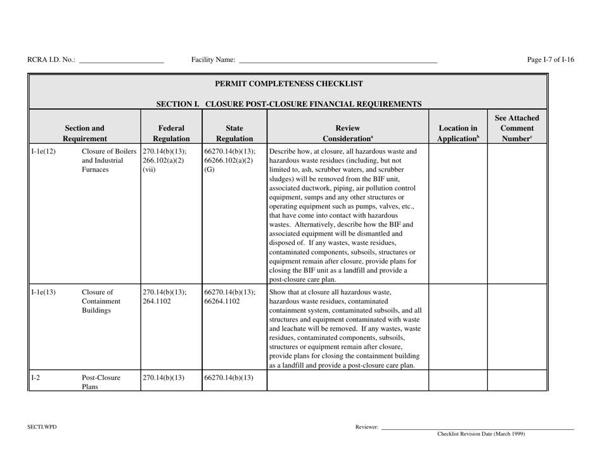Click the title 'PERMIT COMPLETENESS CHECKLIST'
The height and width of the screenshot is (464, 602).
[289, 83]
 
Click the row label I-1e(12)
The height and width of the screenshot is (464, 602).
[43, 152]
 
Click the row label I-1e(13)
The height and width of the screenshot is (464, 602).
[43, 292]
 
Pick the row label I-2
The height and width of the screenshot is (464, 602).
[37, 378]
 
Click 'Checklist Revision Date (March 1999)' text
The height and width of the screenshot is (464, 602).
[481, 434]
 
